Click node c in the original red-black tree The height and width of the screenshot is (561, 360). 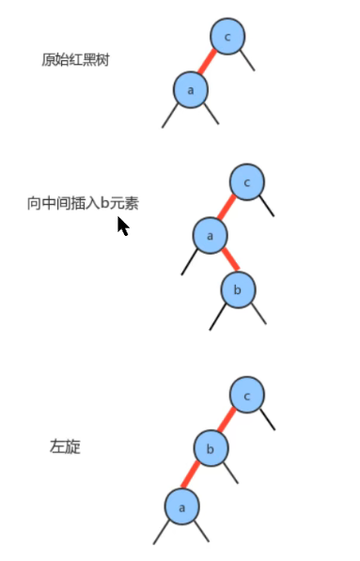click(228, 37)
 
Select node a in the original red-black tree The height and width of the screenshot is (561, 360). click(190, 89)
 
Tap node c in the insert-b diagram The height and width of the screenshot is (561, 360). click(246, 181)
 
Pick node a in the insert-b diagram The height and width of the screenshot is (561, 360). click(211, 235)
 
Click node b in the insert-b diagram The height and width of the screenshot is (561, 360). click(238, 289)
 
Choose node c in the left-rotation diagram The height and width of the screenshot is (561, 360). click(246, 395)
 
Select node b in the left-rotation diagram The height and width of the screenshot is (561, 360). click(211, 448)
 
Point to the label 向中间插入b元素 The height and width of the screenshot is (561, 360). click(83, 203)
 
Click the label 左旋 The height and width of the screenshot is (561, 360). click(65, 446)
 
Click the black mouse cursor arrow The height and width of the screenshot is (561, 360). click(122, 226)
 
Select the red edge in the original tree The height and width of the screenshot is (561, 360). click(209, 63)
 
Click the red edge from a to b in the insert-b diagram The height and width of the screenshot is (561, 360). click(225, 262)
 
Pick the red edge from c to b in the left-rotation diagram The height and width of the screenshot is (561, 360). click(228, 421)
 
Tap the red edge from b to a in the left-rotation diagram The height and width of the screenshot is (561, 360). click(196, 477)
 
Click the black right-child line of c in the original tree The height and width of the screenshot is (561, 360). click(247, 61)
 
